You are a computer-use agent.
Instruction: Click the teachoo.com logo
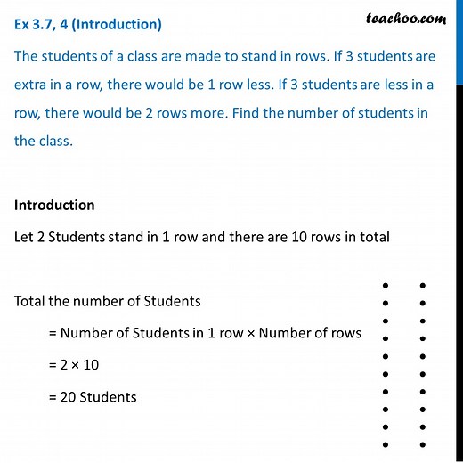tap(405, 17)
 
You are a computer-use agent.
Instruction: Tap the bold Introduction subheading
tap(54, 205)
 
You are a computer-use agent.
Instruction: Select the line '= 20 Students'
tap(93, 397)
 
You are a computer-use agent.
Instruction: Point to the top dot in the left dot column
tap(385, 286)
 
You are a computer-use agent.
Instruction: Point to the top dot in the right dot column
tap(422, 286)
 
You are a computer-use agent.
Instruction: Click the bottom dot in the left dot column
tap(385, 444)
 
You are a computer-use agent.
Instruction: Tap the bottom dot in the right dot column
tap(422, 444)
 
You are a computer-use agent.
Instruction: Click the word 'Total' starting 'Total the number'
tap(31, 301)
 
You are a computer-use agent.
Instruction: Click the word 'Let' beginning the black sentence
tap(25, 238)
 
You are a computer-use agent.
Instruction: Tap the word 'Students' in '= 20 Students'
tap(109, 397)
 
